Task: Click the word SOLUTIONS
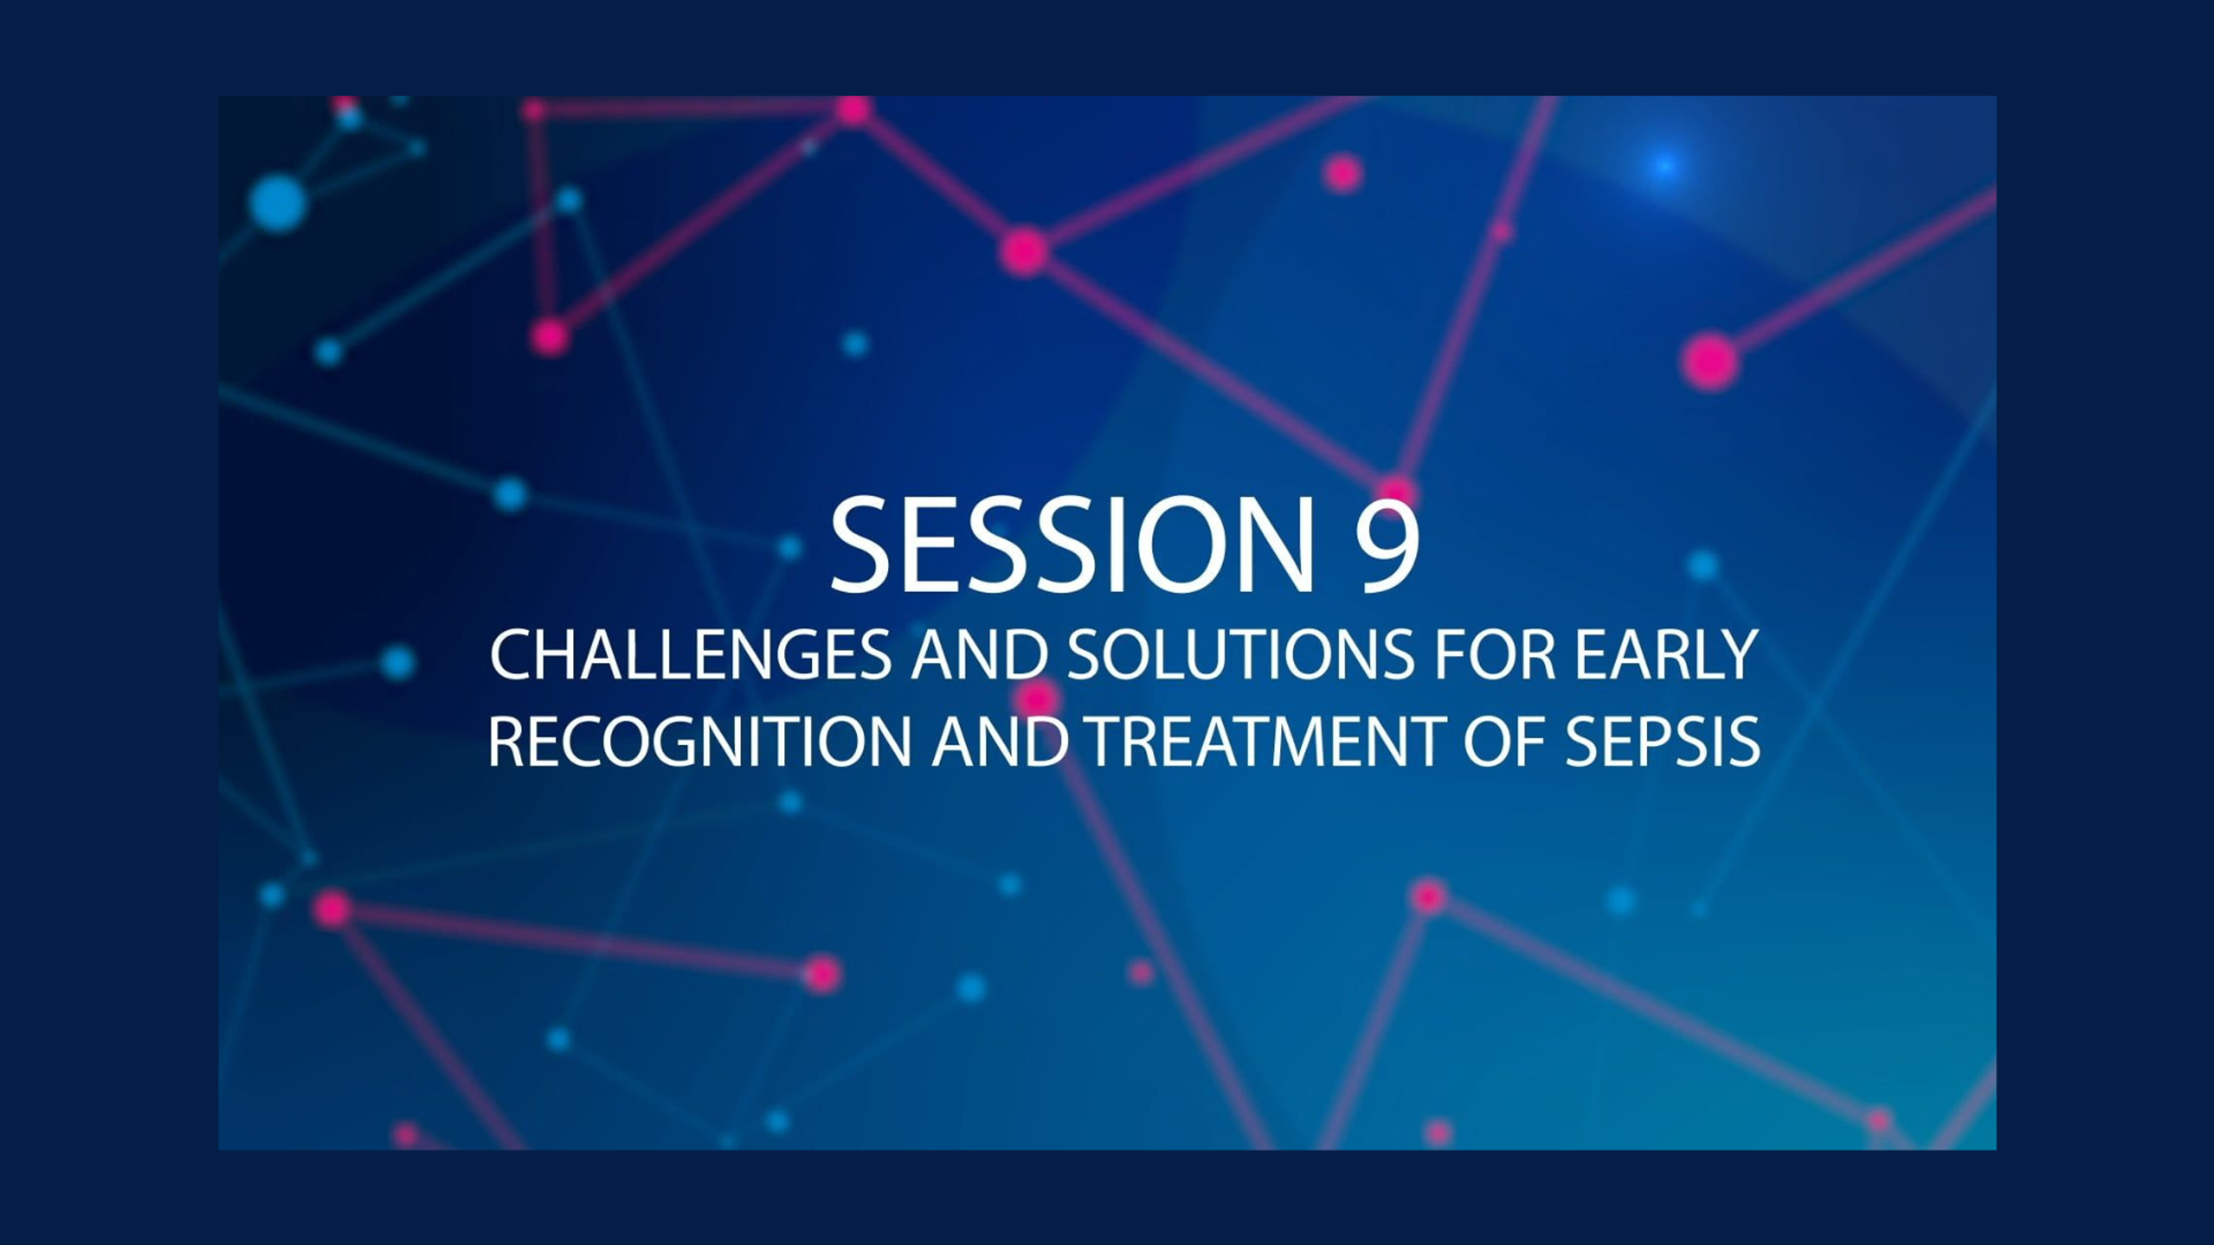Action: (1240, 655)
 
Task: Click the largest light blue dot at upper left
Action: (277, 203)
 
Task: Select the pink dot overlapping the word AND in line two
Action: (1037, 697)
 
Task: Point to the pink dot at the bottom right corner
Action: (1879, 1120)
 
